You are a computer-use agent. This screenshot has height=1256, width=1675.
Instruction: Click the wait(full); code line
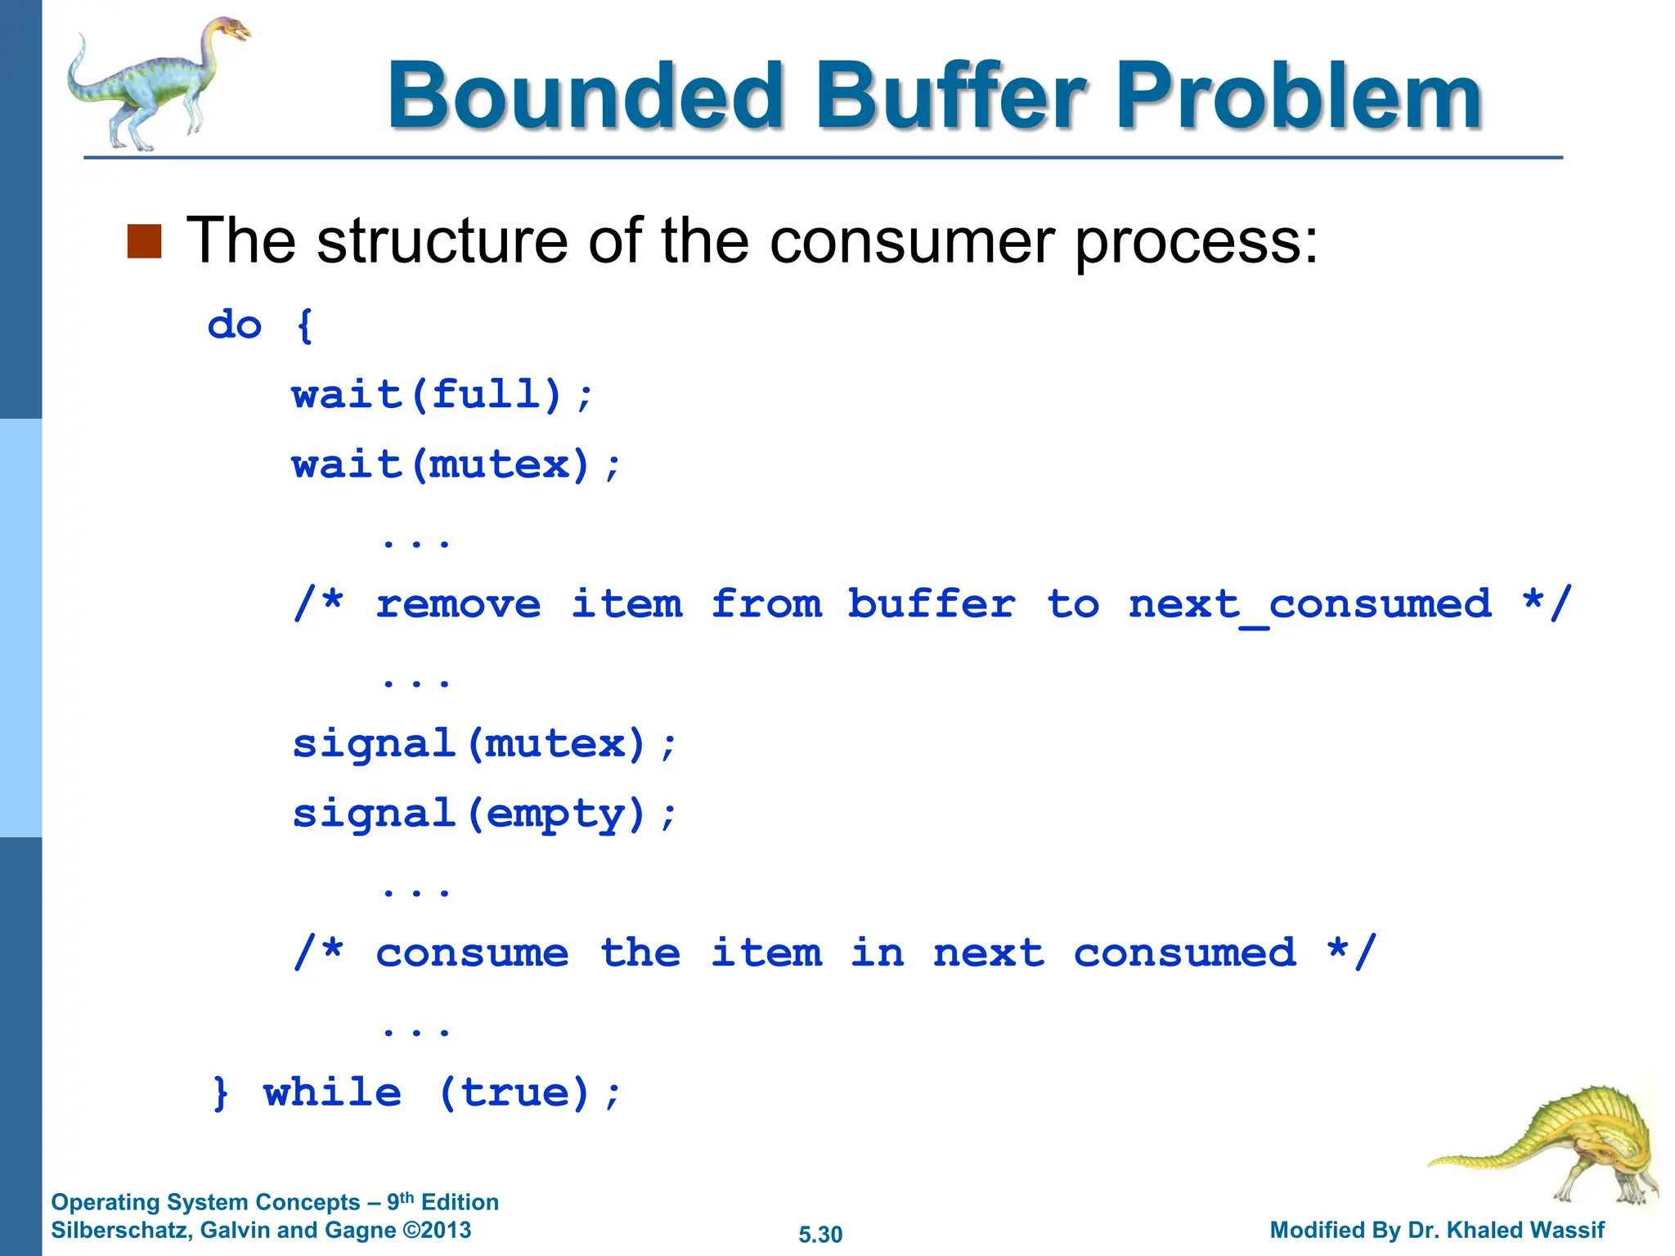click(x=442, y=396)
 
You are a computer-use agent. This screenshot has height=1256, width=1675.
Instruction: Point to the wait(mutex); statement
click(x=456, y=465)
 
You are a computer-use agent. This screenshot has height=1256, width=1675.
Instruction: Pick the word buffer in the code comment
click(x=931, y=605)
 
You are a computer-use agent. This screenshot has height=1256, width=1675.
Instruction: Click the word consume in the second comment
click(x=472, y=953)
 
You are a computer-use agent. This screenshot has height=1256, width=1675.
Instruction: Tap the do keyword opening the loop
click(x=235, y=325)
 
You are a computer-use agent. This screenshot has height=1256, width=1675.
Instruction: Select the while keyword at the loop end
click(x=332, y=1093)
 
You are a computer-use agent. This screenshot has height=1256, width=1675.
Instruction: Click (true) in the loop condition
click(x=514, y=1093)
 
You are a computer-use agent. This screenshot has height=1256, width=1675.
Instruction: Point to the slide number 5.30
click(x=820, y=1234)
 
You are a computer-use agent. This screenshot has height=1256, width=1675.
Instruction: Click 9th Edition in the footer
click(x=442, y=1202)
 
